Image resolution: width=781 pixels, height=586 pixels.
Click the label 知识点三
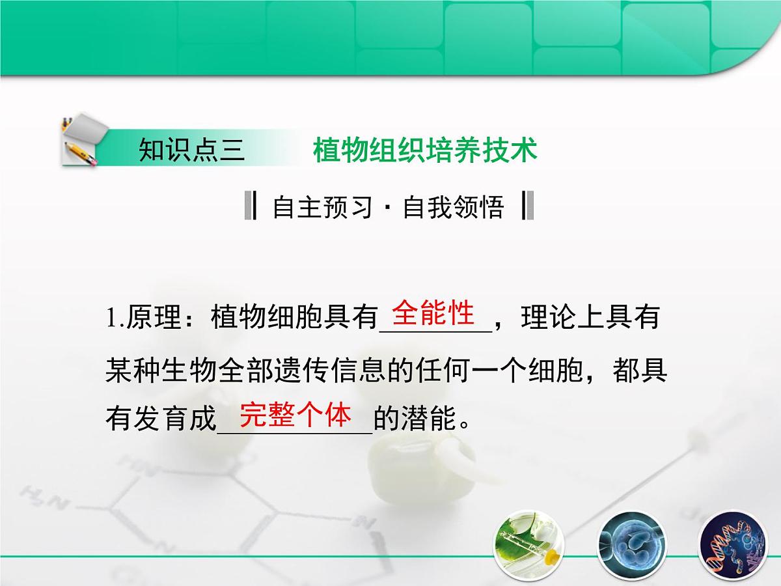[191, 150]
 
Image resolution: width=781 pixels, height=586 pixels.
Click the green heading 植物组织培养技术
[425, 150]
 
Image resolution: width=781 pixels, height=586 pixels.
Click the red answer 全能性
[434, 313]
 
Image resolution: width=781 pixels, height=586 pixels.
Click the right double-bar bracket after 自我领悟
[528, 206]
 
